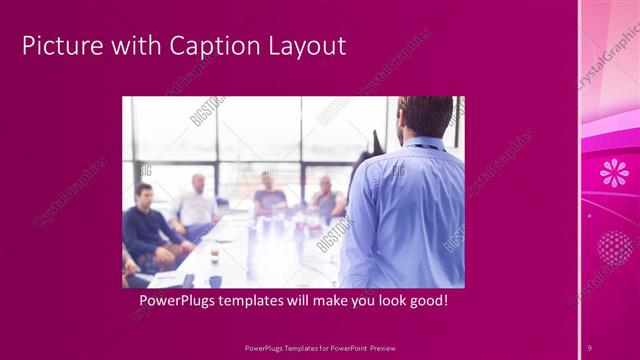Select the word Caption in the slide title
click(x=211, y=46)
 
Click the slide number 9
click(x=590, y=347)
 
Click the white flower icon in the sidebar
click(x=614, y=173)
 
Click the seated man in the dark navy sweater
click(x=146, y=226)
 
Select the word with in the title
click(x=133, y=46)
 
